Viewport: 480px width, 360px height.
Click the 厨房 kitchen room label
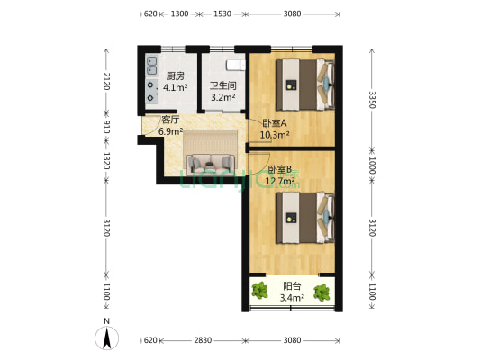coord(176,76)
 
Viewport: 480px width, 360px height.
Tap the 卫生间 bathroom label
coord(222,86)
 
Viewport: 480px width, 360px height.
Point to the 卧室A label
coord(275,123)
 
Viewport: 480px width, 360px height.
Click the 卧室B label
coord(280,168)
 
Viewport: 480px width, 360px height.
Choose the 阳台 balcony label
coord(292,284)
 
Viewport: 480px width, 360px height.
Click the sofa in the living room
coord(212,162)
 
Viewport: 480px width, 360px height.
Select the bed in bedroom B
coord(303,217)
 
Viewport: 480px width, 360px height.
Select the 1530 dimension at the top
coord(222,14)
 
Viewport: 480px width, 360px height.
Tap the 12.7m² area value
coord(280,179)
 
